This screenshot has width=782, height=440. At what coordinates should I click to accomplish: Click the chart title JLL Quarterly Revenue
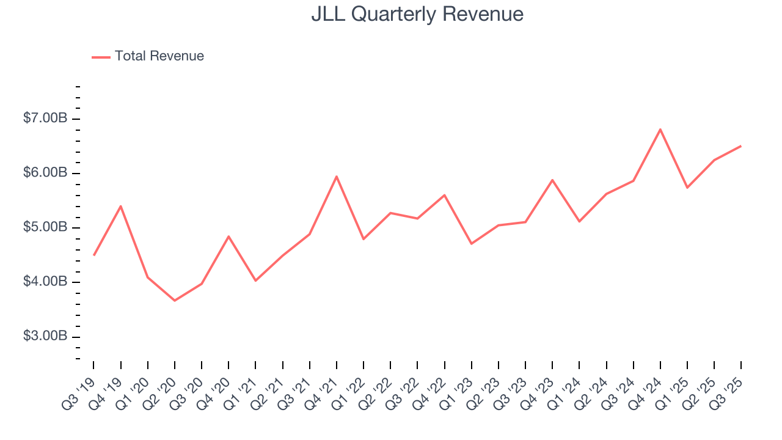(x=417, y=14)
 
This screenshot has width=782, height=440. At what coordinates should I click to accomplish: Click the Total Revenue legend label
(x=159, y=56)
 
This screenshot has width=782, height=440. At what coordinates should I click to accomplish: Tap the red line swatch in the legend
(x=101, y=57)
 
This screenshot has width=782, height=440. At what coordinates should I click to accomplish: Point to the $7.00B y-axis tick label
(x=45, y=119)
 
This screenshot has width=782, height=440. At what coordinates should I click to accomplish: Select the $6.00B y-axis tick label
(x=45, y=173)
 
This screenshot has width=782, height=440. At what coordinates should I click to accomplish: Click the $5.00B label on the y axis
(x=45, y=227)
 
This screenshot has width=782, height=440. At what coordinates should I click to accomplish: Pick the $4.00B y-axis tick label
(x=45, y=282)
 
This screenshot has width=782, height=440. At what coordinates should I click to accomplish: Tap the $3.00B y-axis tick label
(x=45, y=336)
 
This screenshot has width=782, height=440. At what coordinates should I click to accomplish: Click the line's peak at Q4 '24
(x=660, y=129)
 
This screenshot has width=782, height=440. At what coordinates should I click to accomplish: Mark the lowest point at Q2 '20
(x=175, y=301)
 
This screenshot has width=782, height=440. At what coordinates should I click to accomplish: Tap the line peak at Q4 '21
(x=337, y=177)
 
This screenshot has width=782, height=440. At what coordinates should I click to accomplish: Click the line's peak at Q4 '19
(x=120, y=206)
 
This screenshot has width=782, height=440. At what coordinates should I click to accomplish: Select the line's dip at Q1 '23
(x=472, y=244)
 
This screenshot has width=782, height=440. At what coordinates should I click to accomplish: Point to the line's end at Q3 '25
(x=741, y=146)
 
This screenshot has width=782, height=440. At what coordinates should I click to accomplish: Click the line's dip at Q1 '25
(x=687, y=188)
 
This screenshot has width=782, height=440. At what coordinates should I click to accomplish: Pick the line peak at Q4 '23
(x=552, y=180)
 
